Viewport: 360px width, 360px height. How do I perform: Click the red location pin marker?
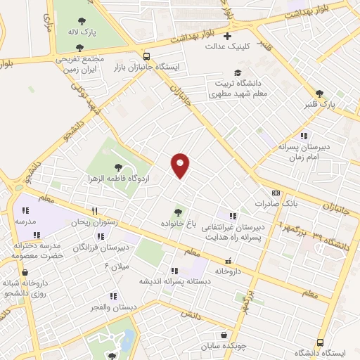(181, 165)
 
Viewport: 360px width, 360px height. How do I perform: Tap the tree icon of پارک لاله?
(82, 21)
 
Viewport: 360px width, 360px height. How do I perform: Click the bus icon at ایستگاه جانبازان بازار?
(146, 56)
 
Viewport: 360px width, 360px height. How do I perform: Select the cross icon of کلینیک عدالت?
(227, 35)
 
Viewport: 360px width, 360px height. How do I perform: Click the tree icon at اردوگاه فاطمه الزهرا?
(117, 167)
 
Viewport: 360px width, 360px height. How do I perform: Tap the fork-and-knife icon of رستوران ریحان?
(94, 211)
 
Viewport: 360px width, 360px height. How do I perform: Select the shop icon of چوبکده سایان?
(223, 335)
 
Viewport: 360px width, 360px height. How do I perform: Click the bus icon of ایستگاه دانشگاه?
(320, 341)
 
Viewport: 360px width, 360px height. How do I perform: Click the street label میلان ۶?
(117, 266)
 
